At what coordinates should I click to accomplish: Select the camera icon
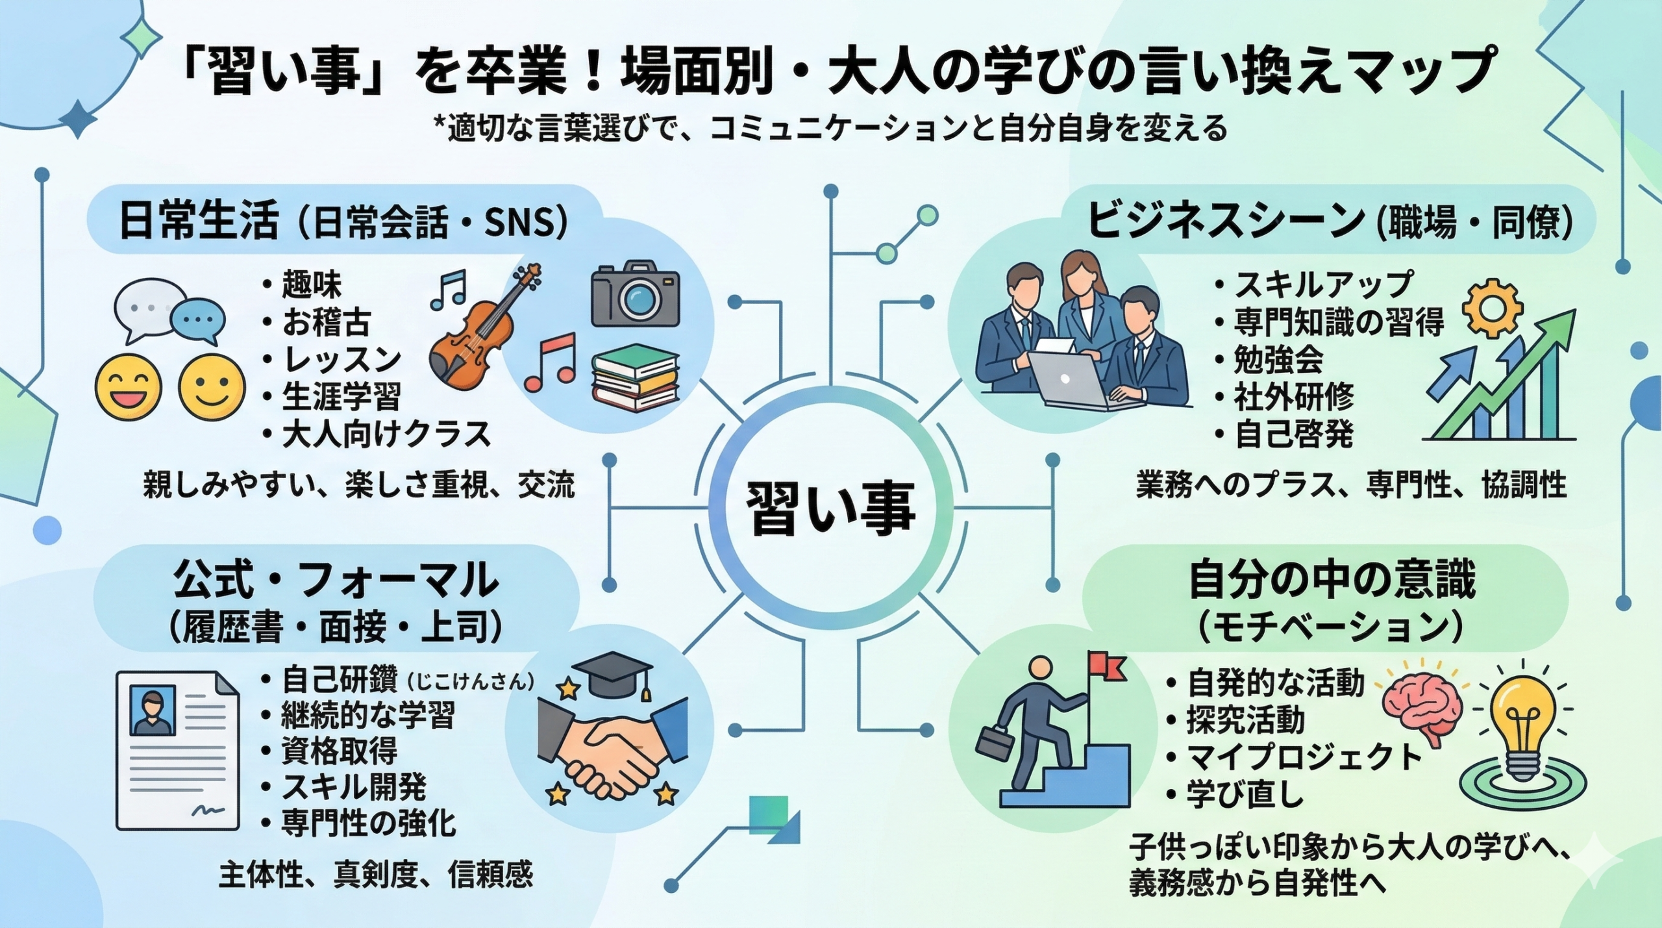[x=635, y=297]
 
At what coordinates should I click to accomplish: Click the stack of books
[x=634, y=379]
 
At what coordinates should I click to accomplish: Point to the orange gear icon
[x=1494, y=311]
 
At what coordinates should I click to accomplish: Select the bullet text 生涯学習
[x=341, y=396]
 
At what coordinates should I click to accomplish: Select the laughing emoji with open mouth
[x=128, y=388]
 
